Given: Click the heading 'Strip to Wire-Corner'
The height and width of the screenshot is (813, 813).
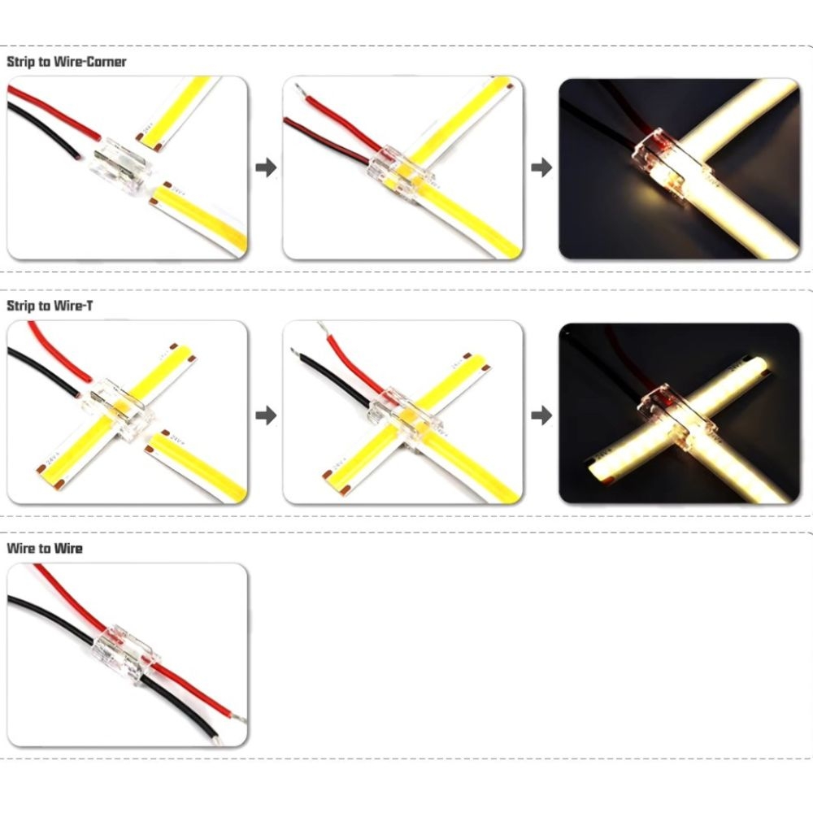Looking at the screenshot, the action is (x=67, y=62).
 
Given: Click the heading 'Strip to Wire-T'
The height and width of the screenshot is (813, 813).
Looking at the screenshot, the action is (x=50, y=306).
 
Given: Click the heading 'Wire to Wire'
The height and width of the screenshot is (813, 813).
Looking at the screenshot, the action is (x=45, y=549).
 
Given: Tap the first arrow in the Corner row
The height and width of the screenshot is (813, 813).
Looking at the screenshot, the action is (x=266, y=167).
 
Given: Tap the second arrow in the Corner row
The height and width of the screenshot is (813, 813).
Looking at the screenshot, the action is (x=541, y=167).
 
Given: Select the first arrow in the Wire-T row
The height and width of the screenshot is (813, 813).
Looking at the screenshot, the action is (x=266, y=415).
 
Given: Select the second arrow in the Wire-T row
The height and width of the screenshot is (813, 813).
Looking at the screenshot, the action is (x=541, y=415).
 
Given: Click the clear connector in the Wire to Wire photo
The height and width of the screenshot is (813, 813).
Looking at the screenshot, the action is (x=125, y=654).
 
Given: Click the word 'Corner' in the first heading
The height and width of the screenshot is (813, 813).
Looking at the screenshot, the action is (x=107, y=62).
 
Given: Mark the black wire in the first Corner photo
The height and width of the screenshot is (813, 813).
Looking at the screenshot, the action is (x=41, y=128).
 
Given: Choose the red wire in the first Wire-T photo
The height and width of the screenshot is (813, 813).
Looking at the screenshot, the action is (x=58, y=351).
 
